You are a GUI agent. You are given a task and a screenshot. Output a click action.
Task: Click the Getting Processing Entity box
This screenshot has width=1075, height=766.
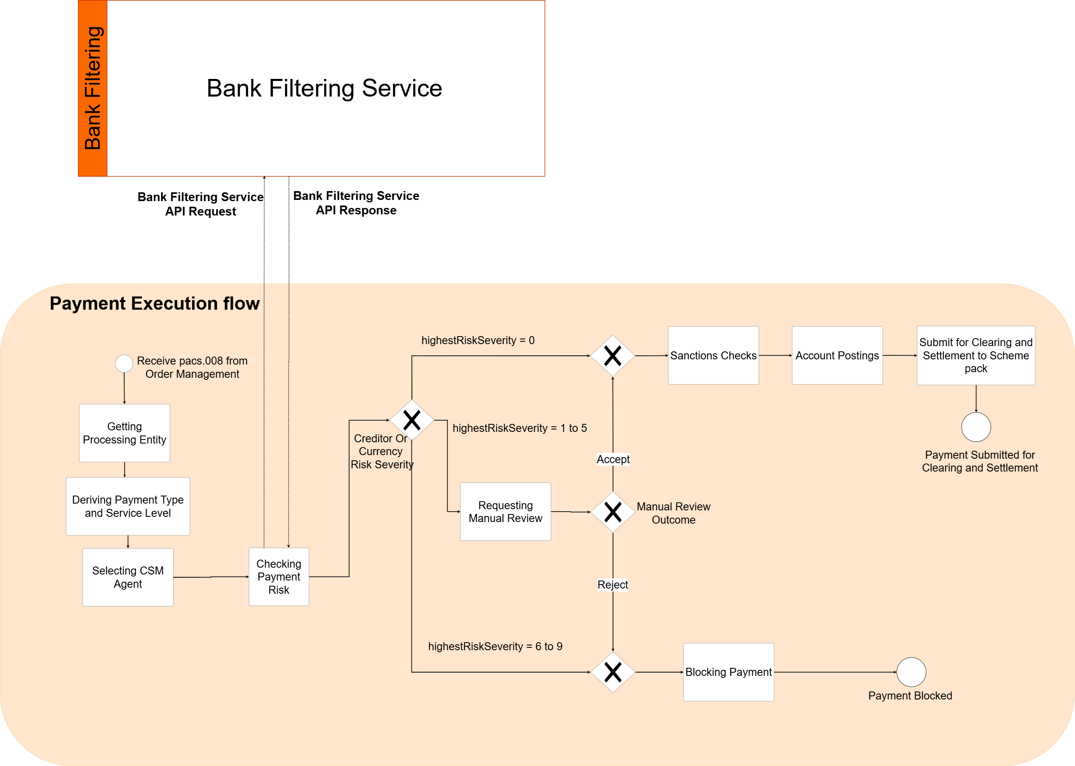(x=124, y=433)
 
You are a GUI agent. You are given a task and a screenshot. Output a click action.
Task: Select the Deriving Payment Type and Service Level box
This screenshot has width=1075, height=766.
(x=127, y=506)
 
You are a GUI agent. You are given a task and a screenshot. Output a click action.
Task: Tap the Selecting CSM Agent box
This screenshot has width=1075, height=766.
(x=127, y=577)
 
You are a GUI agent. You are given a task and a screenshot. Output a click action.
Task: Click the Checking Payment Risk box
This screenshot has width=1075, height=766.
(x=278, y=577)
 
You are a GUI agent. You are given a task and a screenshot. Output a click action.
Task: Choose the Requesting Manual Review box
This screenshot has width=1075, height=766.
(x=505, y=511)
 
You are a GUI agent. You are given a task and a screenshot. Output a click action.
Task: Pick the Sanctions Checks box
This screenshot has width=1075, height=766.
(x=713, y=355)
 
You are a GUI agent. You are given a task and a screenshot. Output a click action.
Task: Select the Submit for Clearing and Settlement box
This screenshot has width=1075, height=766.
(x=976, y=355)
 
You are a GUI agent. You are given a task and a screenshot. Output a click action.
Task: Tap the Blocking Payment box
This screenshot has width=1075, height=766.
(x=728, y=672)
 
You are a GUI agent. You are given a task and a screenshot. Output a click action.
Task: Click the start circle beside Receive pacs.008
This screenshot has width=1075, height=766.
(x=124, y=363)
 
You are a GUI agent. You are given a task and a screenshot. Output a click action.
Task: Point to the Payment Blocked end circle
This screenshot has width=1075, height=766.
(x=911, y=672)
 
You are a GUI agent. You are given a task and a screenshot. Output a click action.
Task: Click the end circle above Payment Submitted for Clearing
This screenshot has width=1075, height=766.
(x=976, y=427)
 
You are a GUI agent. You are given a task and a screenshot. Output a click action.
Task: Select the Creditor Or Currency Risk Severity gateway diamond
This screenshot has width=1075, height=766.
(x=411, y=420)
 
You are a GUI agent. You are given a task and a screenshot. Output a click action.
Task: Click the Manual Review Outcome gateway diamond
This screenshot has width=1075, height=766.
(x=612, y=512)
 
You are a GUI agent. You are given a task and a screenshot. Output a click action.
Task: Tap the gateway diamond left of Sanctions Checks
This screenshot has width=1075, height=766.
(x=612, y=356)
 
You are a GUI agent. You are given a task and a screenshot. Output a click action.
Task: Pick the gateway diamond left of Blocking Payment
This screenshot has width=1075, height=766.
(x=612, y=672)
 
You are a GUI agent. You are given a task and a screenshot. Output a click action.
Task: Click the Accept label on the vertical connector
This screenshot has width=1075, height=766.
(x=613, y=459)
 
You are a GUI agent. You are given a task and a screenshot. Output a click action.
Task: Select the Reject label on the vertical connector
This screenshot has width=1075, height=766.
(x=612, y=585)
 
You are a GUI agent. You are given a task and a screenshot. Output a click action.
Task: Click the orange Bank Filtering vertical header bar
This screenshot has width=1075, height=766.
(x=93, y=88)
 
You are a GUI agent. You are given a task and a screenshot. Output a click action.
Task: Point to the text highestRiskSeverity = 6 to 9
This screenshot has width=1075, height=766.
(x=495, y=646)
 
